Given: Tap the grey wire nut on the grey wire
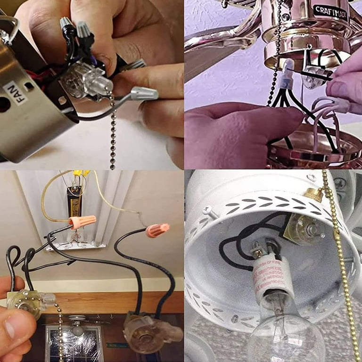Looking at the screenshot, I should tap(144, 93).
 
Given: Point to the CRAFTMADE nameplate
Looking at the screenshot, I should tap(330, 11).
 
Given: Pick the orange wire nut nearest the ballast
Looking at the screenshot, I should tap(82, 221).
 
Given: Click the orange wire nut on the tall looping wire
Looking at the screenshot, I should tap(157, 230).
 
